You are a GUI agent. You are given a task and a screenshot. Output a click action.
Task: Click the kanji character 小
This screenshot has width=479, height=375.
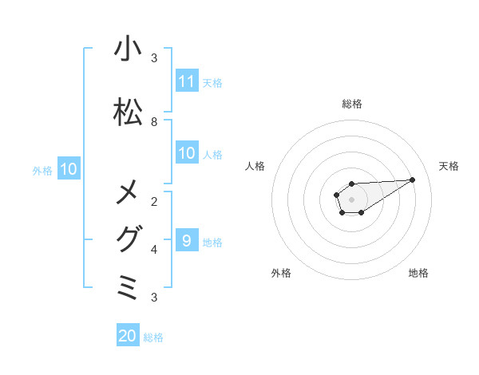coord(128,49)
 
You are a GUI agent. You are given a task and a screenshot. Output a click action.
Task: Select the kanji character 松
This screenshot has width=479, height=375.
coord(128,112)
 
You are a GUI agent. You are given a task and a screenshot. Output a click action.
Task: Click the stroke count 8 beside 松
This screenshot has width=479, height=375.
coord(154,121)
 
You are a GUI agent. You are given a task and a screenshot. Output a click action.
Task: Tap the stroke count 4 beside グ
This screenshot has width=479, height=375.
coord(154,249)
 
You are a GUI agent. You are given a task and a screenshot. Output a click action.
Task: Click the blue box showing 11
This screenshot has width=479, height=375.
coord(187,81)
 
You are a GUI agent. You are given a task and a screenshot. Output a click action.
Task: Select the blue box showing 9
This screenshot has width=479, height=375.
coord(187,241)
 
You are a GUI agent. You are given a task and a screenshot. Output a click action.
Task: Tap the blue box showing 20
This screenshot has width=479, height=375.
coord(128,336)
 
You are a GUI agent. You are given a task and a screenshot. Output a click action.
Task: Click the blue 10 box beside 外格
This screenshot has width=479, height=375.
coord(69,169)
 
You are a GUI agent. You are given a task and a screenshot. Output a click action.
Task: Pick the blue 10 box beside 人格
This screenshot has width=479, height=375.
coord(187,153)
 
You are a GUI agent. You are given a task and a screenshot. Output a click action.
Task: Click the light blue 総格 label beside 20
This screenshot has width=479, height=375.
coord(153,337)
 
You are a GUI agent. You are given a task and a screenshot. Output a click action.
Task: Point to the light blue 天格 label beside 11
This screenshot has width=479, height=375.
coord(212,82)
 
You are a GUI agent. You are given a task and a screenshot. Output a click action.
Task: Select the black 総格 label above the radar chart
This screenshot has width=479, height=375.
coord(351,104)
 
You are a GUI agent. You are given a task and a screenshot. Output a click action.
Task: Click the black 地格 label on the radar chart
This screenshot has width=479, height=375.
coord(418,273)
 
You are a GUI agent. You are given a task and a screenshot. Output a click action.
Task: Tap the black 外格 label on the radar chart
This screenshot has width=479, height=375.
coord(281,273)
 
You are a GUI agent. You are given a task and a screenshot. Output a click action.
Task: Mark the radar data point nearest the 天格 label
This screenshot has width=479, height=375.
coord(412,180)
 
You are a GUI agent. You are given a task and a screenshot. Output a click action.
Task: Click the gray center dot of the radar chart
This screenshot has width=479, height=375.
coord(351,199)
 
